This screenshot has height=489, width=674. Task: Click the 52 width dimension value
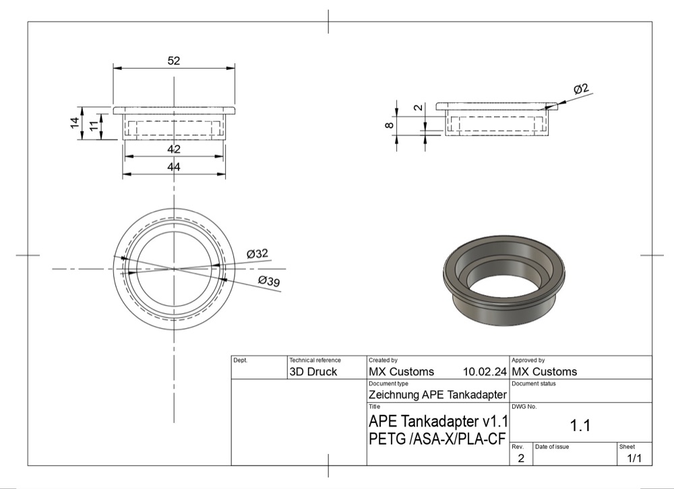coord(174,61)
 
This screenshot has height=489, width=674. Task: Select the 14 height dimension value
coord(75,123)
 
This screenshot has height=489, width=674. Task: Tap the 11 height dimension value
coord(94,127)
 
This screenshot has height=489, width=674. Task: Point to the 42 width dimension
coord(174,149)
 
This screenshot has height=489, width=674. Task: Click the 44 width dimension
coord(174,167)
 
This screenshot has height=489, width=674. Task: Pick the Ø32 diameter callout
coord(257,253)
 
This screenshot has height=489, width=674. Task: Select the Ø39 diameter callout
coord(269,281)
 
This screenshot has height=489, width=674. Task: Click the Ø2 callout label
coord(581,89)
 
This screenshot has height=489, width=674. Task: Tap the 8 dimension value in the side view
coord(390,125)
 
